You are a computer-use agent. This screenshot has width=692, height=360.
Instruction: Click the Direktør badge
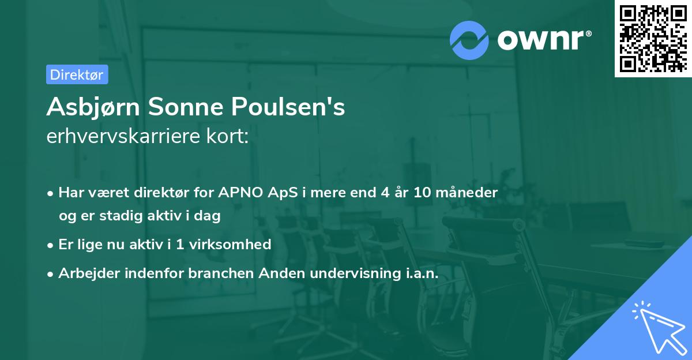click(x=77, y=74)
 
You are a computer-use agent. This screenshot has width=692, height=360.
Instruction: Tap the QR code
click(x=653, y=38)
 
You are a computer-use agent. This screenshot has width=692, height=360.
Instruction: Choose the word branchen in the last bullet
click(x=215, y=273)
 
